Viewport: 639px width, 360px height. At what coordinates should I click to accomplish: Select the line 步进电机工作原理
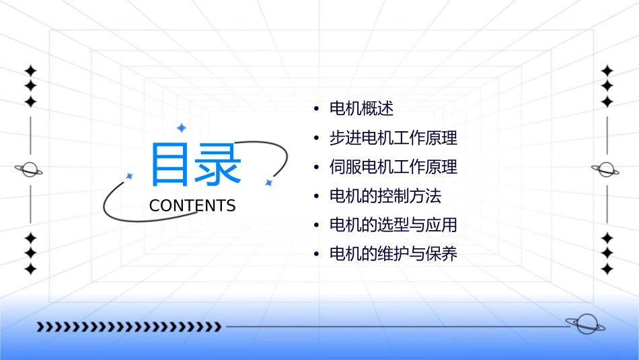pyautogui.click(x=393, y=138)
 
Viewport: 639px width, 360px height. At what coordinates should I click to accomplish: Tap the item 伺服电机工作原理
pyautogui.click(x=393, y=167)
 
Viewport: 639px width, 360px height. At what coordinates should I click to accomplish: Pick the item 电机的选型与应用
pyautogui.click(x=393, y=225)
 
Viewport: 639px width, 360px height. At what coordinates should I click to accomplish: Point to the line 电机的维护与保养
pyautogui.click(x=393, y=254)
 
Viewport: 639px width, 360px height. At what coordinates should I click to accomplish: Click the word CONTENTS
pyautogui.click(x=192, y=206)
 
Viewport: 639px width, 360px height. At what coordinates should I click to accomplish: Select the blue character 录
pyautogui.click(x=217, y=164)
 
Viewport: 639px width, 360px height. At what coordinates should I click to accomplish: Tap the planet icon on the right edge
pyautogui.click(x=606, y=170)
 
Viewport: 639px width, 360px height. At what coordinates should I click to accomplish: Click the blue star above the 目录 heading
pyautogui.click(x=181, y=128)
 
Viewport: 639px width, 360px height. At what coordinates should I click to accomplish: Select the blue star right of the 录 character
pyautogui.click(x=268, y=182)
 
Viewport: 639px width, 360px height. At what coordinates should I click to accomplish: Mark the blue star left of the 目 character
pyautogui.click(x=130, y=176)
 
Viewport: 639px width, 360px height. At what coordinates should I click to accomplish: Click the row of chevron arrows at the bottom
pyautogui.click(x=128, y=327)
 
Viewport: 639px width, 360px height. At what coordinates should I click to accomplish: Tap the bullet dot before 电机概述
pyautogui.click(x=316, y=109)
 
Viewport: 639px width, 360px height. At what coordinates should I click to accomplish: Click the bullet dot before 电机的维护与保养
pyautogui.click(x=316, y=254)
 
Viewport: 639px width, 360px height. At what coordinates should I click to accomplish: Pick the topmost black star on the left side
pyautogui.click(x=30, y=71)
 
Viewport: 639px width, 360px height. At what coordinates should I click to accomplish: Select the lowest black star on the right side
pyautogui.click(x=607, y=269)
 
